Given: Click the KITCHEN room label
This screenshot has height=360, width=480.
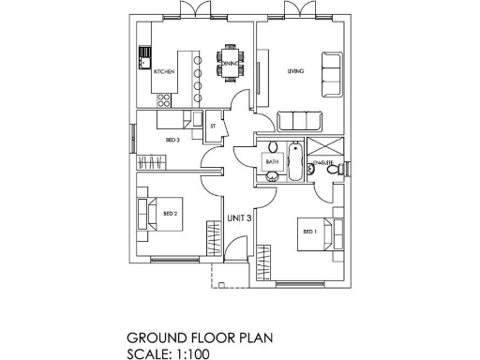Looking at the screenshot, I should (164, 71).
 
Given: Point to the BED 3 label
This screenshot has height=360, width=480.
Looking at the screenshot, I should (172, 140).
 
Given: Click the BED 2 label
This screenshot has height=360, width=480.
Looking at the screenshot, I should (171, 214).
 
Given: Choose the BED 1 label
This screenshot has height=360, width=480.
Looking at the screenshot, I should (308, 230).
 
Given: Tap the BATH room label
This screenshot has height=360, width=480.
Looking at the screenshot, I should (273, 162).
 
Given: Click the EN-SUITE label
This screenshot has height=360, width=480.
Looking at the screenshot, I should (326, 163).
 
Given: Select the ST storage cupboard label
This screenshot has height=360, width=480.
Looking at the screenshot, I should (213, 125).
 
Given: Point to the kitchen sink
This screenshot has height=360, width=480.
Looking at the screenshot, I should (145, 56).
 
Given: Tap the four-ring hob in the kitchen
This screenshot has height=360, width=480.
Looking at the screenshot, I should (165, 97).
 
